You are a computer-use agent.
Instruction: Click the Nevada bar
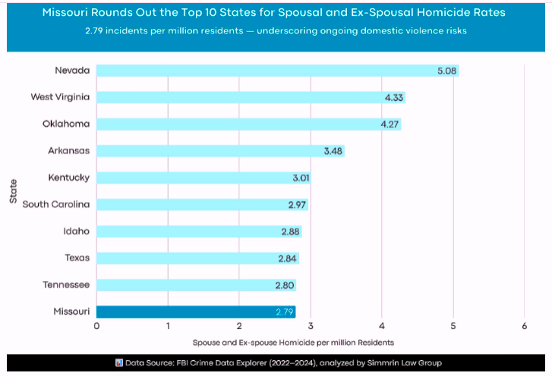[277, 71]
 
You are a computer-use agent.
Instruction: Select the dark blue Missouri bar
[196, 311]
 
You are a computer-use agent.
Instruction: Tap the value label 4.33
[394, 97]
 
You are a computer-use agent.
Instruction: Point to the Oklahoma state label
[66, 124]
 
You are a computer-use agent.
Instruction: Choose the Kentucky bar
[203, 178]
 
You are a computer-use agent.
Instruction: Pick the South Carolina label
[56, 204]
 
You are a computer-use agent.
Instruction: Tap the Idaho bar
[198, 231]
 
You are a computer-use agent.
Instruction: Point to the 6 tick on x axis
[525, 326]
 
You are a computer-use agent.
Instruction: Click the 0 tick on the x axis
[96, 326]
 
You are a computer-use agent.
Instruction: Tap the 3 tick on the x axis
[311, 326]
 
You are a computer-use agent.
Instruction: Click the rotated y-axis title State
[13, 190]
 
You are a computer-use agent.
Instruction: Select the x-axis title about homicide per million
[293, 343]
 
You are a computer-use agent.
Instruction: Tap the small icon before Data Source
[118, 362]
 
